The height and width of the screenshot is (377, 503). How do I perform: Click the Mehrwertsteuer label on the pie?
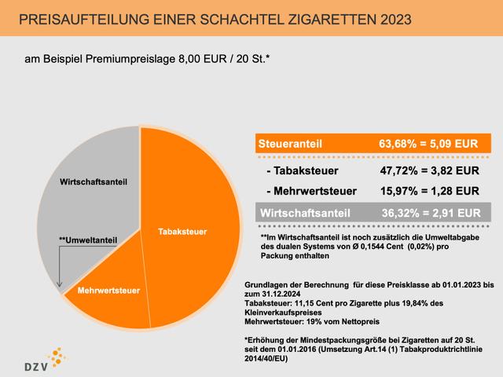pyautogui.click(x=108, y=290)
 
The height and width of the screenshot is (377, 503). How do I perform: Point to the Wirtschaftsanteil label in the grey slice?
pyautogui.click(x=94, y=181)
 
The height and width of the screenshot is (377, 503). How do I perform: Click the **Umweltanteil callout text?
pyautogui.click(x=88, y=240)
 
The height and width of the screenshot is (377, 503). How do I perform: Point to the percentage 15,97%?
pyautogui.click(x=398, y=191)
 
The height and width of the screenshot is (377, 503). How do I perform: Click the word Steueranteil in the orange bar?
pyautogui.click(x=290, y=145)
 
